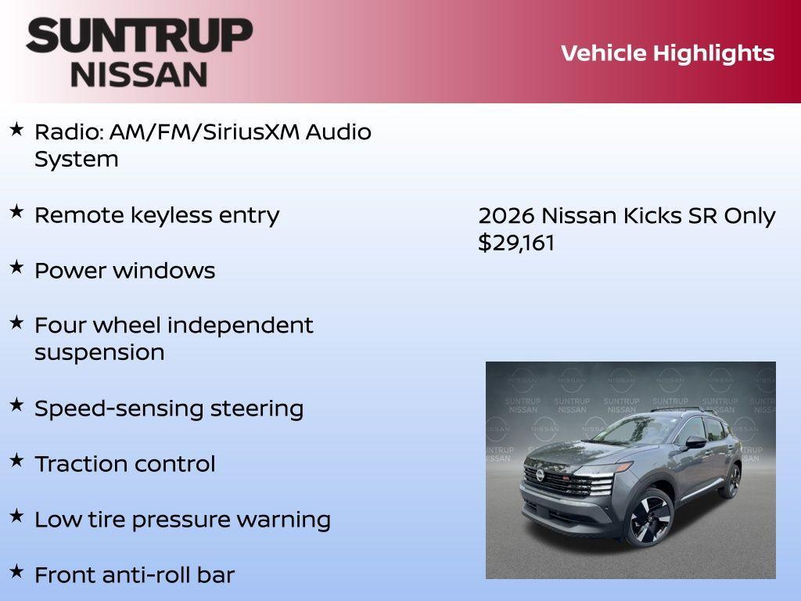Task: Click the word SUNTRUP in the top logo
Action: coord(139,35)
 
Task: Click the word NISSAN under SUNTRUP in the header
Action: coord(139,74)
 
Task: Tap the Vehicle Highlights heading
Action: coord(667,53)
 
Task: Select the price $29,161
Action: coord(516,243)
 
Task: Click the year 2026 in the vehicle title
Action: coord(506,215)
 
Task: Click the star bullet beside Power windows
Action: coord(16,267)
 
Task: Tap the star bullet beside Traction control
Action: coord(16,460)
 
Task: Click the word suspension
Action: coord(99,352)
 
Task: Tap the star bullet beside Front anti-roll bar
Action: coord(16,571)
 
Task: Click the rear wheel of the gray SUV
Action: coord(731,480)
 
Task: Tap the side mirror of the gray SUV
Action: coord(695,443)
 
